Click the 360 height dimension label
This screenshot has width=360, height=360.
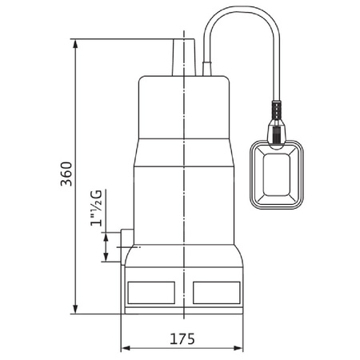click(x=66, y=174)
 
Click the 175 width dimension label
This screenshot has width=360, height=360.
click(x=182, y=339)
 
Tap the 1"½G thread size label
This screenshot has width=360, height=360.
click(x=97, y=208)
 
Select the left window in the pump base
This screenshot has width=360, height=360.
click(x=151, y=293)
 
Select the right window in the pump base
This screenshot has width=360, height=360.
click(x=217, y=293)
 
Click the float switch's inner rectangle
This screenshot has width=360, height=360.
click(x=277, y=174)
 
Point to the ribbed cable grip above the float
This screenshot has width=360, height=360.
click(x=276, y=110)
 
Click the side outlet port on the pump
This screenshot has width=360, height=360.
click(x=127, y=246)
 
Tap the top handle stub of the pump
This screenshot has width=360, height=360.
click(x=184, y=58)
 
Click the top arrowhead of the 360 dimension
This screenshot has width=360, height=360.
click(x=75, y=44)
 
